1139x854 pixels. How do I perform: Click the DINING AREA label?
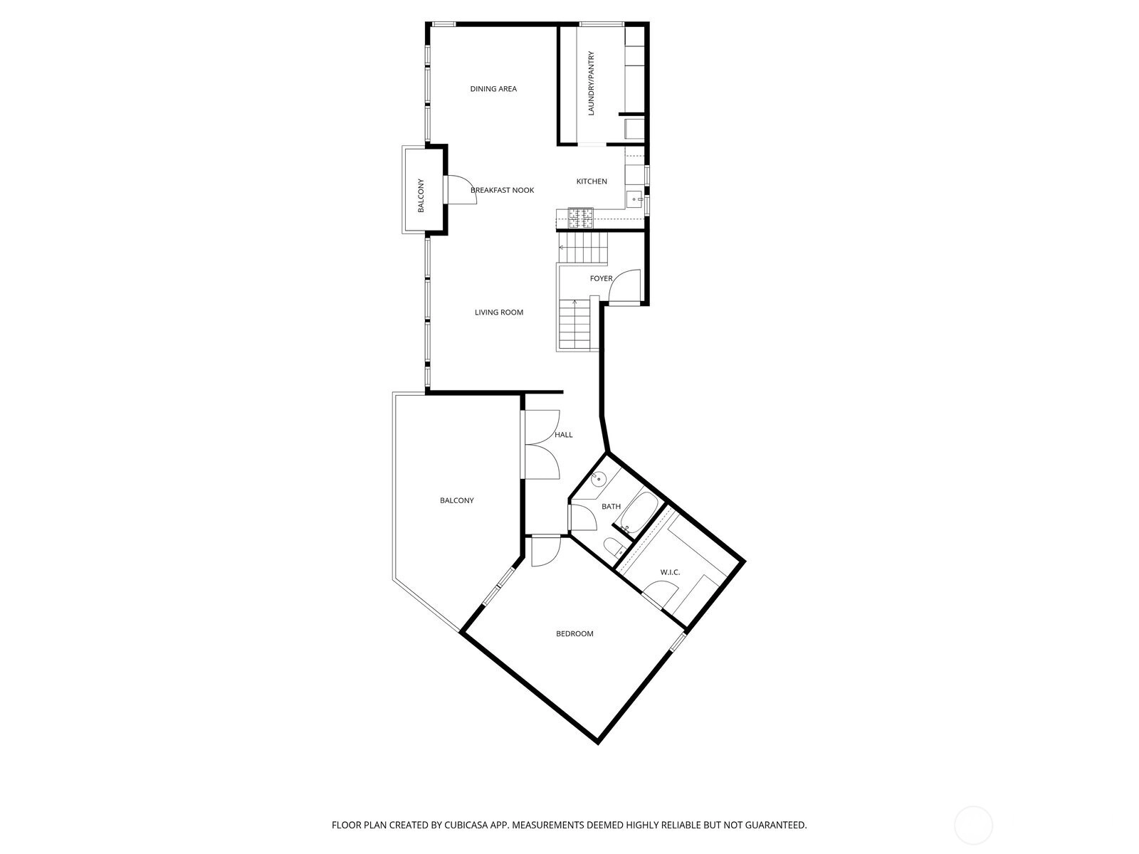coord(493,89)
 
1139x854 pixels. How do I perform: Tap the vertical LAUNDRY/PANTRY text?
coord(591,83)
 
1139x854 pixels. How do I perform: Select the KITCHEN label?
coord(592,181)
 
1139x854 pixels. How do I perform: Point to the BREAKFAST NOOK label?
coord(502,190)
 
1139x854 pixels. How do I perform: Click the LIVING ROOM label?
coord(499,312)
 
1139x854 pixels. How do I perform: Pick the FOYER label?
coord(601,278)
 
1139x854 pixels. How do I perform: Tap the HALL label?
coord(564,435)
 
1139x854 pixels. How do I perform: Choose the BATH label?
coord(611,506)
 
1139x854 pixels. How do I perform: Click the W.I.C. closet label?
coord(670,572)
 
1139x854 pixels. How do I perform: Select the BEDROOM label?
coord(574,633)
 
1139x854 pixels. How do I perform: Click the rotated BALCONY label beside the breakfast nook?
coord(421,196)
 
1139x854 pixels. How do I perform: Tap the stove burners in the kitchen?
coord(580,218)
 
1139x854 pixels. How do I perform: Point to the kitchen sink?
coord(635,199)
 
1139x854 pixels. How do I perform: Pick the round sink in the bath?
coord(598,478)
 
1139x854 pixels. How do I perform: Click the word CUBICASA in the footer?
coord(465,824)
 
